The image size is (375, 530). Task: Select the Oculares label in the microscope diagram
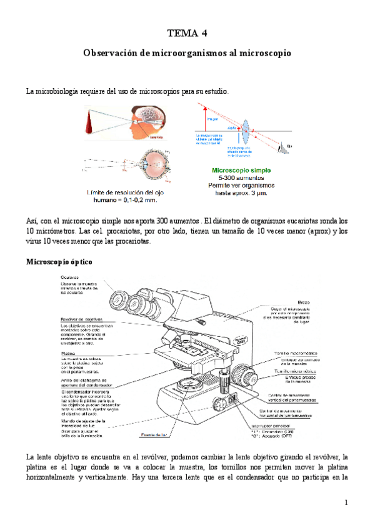click(x=69, y=276)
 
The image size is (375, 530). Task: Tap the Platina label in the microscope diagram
click(x=68, y=354)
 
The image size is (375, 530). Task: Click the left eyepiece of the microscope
click(x=121, y=299)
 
